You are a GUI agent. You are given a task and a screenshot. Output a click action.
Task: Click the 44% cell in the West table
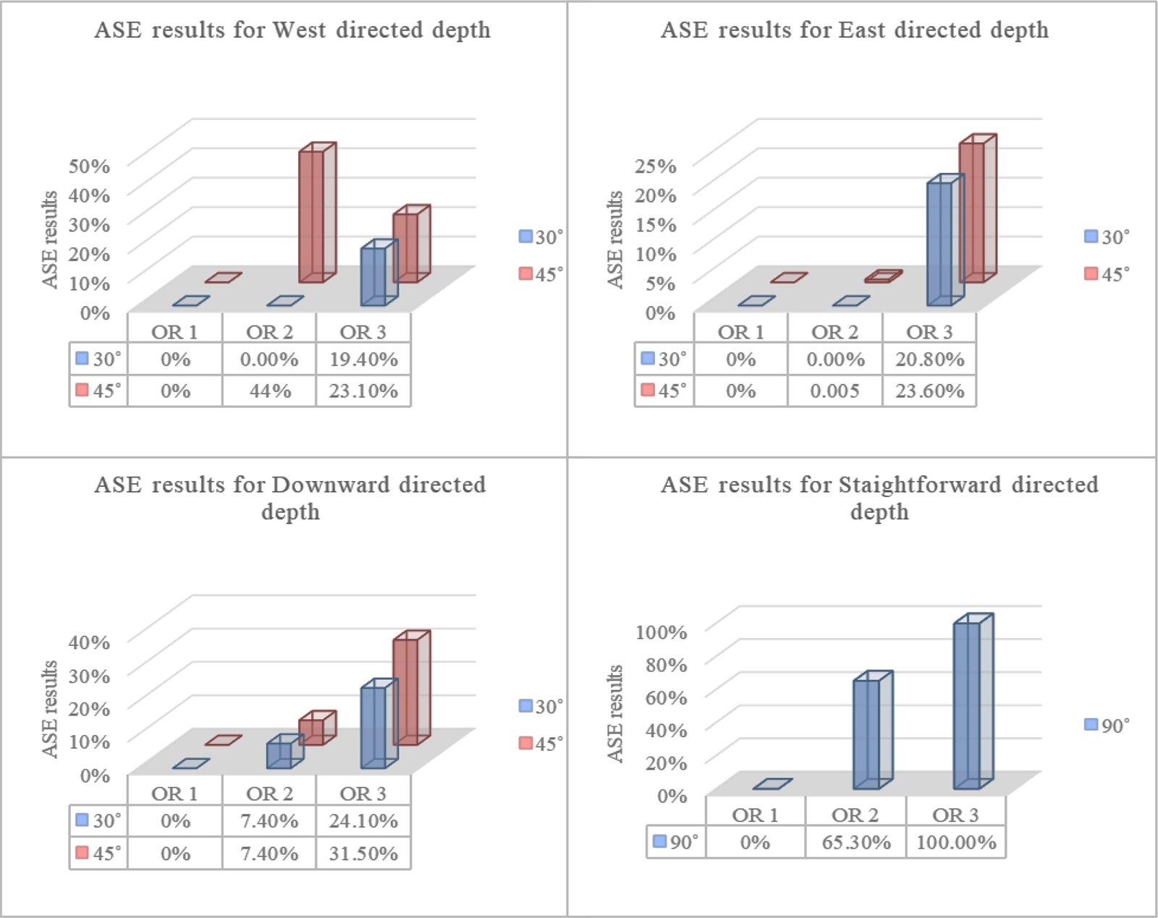pyautogui.click(x=269, y=391)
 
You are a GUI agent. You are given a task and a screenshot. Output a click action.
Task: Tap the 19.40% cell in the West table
pyautogui.click(x=363, y=359)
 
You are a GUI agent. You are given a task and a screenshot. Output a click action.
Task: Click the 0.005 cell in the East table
pyautogui.click(x=834, y=391)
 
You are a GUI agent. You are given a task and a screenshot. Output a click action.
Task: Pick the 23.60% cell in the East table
pyautogui.click(x=929, y=391)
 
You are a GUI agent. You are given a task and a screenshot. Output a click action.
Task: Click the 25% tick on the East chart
pyautogui.click(x=655, y=166)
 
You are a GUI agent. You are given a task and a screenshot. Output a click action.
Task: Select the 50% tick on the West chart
pyautogui.click(x=89, y=166)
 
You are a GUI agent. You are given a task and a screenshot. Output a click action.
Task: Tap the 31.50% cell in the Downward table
pyautogui.click(x=363, y=853)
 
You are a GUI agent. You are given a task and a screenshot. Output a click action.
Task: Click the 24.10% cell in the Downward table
pyautogui.click(x=363, y=820)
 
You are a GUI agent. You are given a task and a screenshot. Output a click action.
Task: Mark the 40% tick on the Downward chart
pyautogui.click(x=89, y=642)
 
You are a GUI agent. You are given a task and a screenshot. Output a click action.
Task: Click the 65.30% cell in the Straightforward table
pyautogui.click(x=855, y=842)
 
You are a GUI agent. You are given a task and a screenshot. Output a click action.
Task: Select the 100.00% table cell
pyautogui.click(x=956, y=842)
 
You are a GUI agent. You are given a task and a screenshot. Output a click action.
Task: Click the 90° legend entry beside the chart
pyautogui.click(x=1107, y=725)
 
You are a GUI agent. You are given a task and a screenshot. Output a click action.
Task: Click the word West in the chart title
pyautogui.click(x=298, y=30)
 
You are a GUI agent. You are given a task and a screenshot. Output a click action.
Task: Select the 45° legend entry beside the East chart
pyautogui.click(x=1107, y=273)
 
